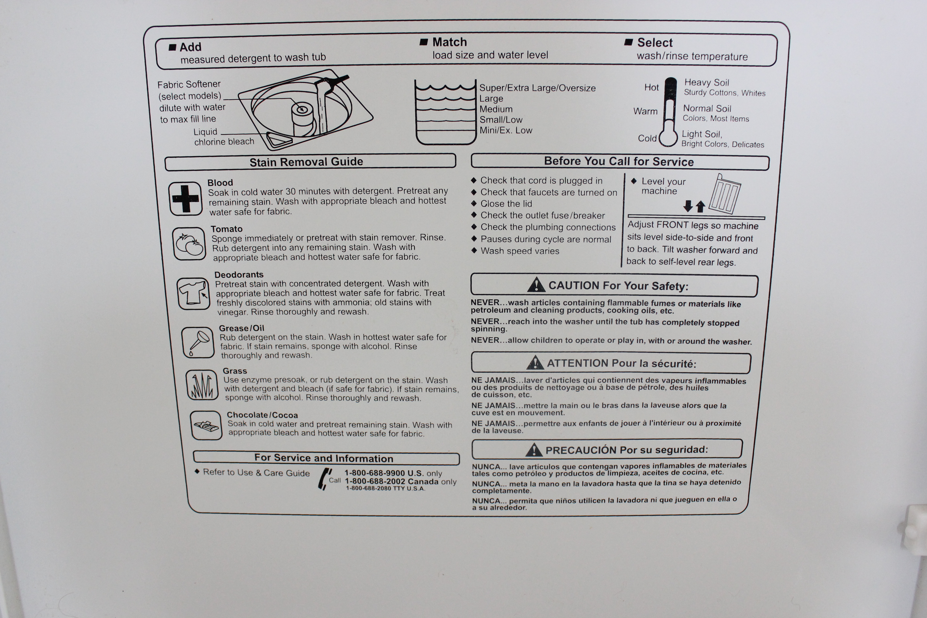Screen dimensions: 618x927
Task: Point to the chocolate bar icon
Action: [x=206, y=425]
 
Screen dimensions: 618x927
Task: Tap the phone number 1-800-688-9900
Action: [x=374, y=473]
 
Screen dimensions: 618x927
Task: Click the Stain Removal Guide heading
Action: [x=306, y=161]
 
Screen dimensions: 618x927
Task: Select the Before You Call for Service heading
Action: [x=619, y=161]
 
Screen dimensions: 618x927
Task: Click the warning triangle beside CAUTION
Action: [x=536, y=285]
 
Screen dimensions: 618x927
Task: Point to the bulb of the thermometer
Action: [x=668, y=138]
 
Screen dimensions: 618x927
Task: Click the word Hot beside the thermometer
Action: [x=651, y=87]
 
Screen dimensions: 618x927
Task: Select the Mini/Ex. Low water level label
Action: [x=506, y=130]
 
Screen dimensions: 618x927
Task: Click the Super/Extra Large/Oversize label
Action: [x=537, y=88]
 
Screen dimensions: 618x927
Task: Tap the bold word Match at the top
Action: [x=449, y=42]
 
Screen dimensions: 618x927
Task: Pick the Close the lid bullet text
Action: [x=506, y=204]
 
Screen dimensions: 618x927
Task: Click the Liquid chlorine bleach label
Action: [x=223, y=137]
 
